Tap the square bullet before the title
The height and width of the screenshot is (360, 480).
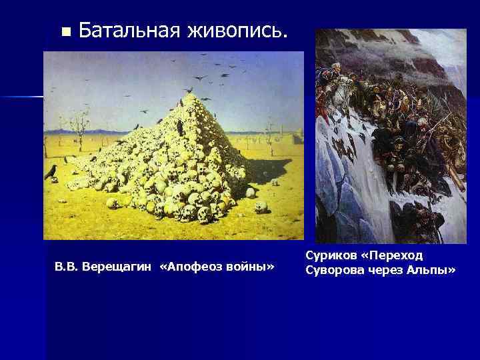(x=65, y=31)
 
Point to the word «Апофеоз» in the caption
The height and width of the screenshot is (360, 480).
(x=194, y=267)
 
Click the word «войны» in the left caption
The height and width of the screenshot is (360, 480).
(x=251, y=267)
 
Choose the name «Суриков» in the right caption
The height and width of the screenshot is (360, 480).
(x=332, y=256)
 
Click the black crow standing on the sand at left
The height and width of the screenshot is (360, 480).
(x=50, y=173)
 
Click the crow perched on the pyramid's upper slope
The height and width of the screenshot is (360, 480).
(x=178, y=123)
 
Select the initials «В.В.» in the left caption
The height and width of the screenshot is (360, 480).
(x=64, y=267)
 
